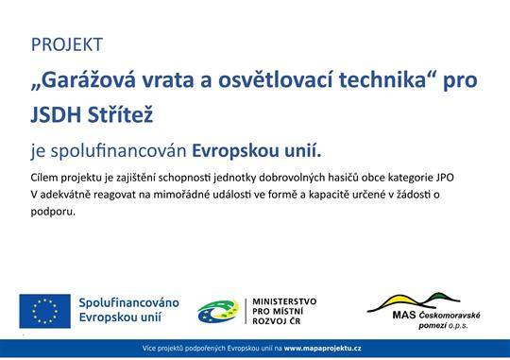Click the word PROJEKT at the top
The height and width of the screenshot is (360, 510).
click(66, 44)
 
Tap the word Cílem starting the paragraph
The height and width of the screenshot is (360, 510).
click(45, 178)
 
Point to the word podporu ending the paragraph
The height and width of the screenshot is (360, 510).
click(51, 211)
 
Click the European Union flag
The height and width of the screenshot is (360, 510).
click(43, 311)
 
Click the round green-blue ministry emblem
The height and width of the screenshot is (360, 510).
click(218, 311)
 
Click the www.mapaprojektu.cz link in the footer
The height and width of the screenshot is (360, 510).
click(323, 349)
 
